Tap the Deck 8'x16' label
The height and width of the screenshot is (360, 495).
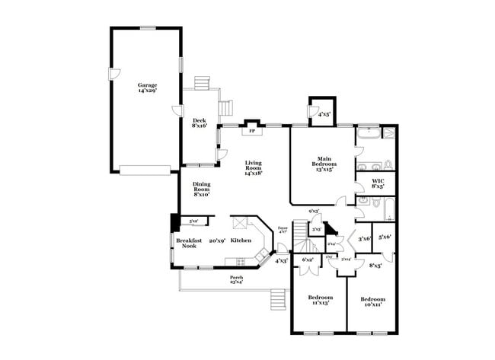200,123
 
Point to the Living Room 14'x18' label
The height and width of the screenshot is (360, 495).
253,167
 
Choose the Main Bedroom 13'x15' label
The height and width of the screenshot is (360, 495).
323,164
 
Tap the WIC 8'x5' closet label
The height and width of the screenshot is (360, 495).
378,183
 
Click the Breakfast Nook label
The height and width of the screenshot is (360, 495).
189,244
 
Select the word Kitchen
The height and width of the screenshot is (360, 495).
241,241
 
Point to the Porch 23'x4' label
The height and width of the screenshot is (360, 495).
237,279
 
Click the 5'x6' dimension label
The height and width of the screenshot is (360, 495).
385,237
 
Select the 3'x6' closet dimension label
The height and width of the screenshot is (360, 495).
364,239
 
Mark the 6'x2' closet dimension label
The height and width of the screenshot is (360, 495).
308,260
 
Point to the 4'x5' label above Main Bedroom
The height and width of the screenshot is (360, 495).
324,115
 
